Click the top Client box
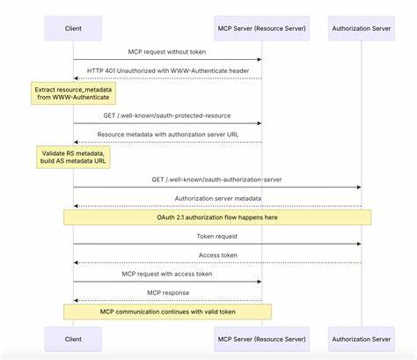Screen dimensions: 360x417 pyautogui.click(x=73, y=28)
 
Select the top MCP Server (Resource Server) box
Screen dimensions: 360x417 pyautogui.click(x=261, y=28)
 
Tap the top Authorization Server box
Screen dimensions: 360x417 pyautogui.click(x=361, y=28)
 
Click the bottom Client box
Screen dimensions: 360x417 pyautogui.click(x=73, y=339)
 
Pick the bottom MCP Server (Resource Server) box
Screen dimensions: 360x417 pyautogui.click(x=261, y=339)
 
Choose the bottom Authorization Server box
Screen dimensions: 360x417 pyautogui.click(x=361, y=339)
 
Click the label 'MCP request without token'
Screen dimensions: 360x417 pyautogui.click(x=167, y=51)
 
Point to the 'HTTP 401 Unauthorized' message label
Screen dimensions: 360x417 pyautogui.click(x=167, y=70)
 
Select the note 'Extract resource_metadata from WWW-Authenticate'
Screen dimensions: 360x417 pyautogui.click(x=74, y=94)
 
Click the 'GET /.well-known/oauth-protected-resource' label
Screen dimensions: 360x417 pyautogui.click(x=167, y=114)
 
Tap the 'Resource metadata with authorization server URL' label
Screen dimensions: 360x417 pyautogui.click(x=167, y=134)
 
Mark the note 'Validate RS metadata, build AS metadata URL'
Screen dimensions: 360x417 pyautogui.click(x=74, y=158)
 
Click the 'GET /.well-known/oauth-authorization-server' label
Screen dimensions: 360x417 pyautogui.click(x=217, y=179)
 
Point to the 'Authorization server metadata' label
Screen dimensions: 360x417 pyautogui.click(x=217, y=198)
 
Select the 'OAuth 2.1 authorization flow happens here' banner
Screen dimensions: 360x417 pyautogui.click(x=217, y=217)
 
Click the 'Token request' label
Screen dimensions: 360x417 pyautogui.click(x=217, y=236)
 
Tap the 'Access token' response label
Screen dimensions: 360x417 pyautogui.click(x=217, y=254)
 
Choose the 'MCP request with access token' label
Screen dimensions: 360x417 pyautogui.click(x=167, y=274)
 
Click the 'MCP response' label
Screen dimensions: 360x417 pyautogui.click(x=167, y=292)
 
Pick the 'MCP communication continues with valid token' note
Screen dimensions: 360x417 pyautogui.click(x=167, y=312)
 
